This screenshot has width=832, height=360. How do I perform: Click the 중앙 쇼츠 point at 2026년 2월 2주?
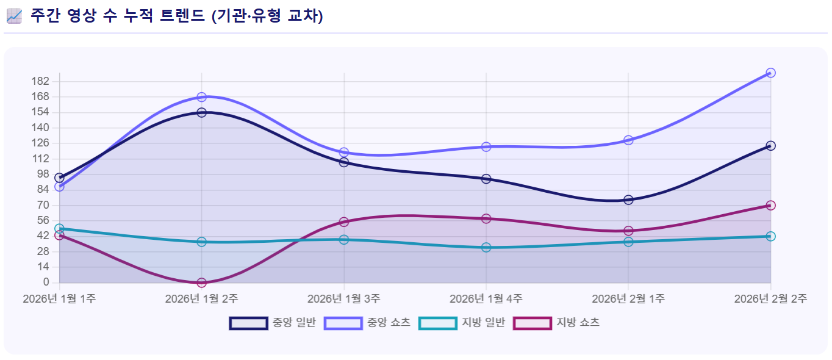(x=770, y=73)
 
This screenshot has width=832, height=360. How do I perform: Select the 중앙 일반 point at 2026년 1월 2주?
(x=201, y=112)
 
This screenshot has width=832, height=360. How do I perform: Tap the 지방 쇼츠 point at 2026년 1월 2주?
(x=201, y=283)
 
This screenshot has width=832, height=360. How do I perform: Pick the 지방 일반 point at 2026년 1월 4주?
(x=486, y=247)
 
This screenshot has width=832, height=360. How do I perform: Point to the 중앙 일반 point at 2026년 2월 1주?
(x=628, y=200)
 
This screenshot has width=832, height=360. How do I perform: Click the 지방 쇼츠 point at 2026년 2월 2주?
(x=770, y=205)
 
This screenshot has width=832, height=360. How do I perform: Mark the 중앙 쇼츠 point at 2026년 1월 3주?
(x=344, y=152)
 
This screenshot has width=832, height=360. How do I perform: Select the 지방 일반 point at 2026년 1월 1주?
(x=59, y=229)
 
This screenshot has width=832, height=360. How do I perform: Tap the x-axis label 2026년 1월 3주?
(x=344, y=298)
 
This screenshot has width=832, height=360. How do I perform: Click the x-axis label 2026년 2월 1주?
(x=628, y=298)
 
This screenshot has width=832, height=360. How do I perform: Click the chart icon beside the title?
(x=14, y=16)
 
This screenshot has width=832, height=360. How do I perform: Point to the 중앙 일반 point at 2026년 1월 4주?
(x=486, y=179)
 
